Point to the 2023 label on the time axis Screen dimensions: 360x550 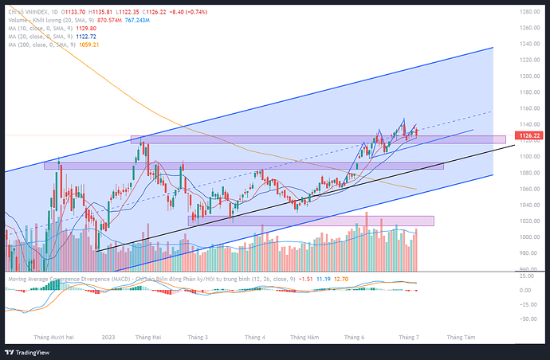109,337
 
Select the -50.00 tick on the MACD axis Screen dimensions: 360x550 526,319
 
